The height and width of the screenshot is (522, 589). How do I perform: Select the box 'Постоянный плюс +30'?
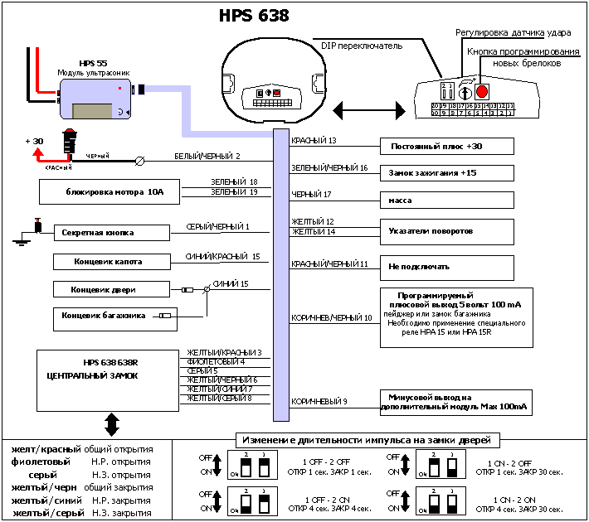coord(446,147)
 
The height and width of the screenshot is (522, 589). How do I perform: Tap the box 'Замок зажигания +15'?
coord(446,173)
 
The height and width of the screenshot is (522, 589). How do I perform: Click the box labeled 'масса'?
coord(446,201)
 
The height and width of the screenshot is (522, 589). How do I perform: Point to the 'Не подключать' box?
coord(446,267)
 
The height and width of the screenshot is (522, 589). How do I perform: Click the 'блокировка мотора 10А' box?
coord(104,192)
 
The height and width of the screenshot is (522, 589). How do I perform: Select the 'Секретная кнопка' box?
coord(110,233)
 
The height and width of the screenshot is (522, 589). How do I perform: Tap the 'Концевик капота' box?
coord(110,262)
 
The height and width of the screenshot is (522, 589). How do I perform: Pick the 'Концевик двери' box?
coord(110,289)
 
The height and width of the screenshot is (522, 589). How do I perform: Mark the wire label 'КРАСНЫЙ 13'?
coord(314,141)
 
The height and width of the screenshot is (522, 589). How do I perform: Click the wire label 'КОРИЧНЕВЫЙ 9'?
coord(319,402)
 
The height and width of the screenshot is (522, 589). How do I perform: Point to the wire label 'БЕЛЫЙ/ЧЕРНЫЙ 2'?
coord(207,156)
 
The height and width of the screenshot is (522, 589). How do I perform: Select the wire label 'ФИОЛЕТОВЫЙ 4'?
coord(216,361)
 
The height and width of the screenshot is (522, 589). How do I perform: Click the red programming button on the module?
coord(482,90)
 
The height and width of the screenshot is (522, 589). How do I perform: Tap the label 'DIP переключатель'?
coord(362,46)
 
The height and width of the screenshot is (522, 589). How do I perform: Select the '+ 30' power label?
coord(34,141)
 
